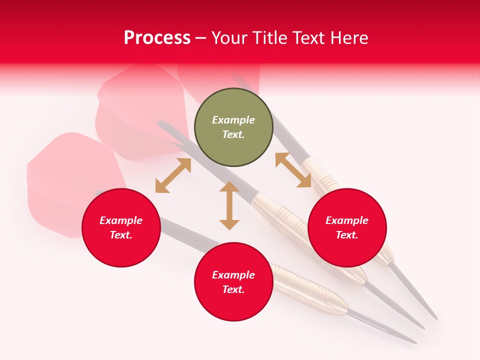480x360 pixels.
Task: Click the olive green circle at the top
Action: pos(233,127)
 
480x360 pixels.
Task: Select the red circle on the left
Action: pos(121,227)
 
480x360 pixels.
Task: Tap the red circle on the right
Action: pos(347,227)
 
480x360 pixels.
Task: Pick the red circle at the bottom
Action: pos(233,282)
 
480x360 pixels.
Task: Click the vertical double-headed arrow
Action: pos(229,205)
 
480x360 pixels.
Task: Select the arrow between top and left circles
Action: pos(173,175)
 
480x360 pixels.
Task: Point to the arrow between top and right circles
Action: pos(293,170)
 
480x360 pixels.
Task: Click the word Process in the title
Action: pos(157,38)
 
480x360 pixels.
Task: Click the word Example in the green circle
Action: pos(233,120)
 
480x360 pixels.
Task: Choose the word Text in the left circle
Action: pos(121,235)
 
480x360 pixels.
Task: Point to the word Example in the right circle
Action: pos(347,220)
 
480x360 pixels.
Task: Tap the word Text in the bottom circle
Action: pos(233,289)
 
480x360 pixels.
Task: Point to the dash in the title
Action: pos(201,38)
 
